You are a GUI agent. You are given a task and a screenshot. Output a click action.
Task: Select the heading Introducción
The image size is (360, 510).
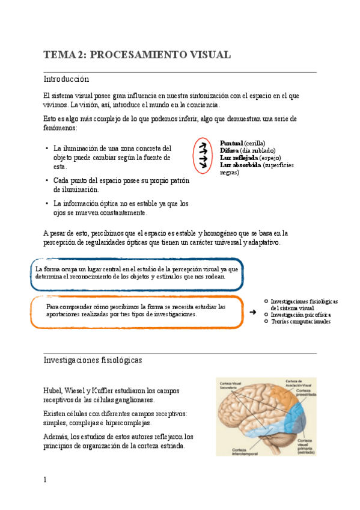pyautogui.click(x=66, y=79)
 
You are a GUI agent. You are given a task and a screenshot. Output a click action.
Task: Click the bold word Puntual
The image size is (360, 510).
pyautogui.click(x=232, y=143)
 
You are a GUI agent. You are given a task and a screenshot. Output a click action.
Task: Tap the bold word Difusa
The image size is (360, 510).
pyautogui.click(x=230, y=150)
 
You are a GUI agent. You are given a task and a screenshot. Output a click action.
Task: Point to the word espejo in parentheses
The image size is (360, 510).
pyautogui.click(x=270, y=157)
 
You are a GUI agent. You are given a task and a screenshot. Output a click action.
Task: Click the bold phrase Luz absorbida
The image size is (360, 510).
pyautogui.click(x=241, y=165)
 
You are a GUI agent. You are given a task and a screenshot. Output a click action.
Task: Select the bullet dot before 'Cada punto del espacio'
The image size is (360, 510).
pyautogui.click(x=47, y=180)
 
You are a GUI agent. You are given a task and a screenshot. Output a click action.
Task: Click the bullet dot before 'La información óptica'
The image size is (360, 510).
pyautogui.click(x=47, y=203)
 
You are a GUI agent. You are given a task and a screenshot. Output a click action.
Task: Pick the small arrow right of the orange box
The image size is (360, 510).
pyautogui.click(x=253, y=312)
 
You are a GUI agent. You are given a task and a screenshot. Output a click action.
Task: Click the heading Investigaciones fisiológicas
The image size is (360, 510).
pyautogui.click(x=93, y=360)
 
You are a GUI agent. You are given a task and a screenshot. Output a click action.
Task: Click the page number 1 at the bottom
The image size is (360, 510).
pyautogui.click(x=45, y=479)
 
